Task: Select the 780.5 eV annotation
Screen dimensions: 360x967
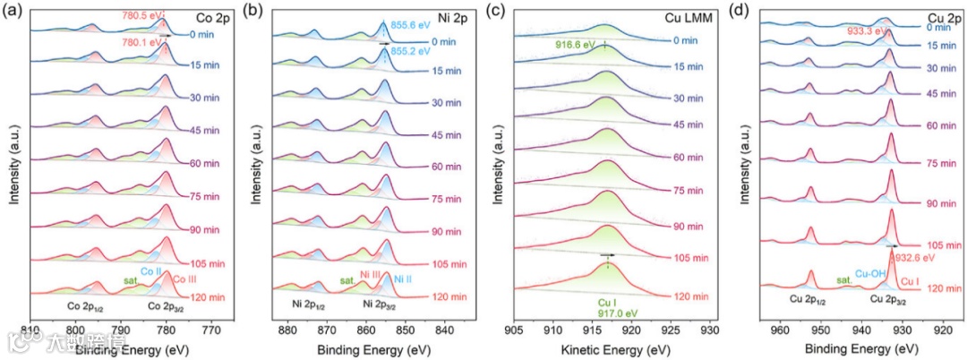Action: (140, 13)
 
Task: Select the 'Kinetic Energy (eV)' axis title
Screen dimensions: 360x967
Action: (612, 345)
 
